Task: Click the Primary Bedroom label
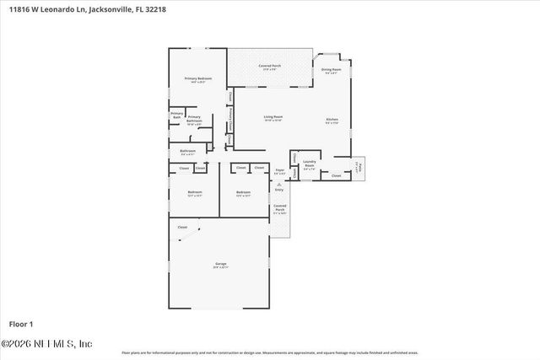pyautogui.click(x=198, y=78)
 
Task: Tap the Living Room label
pyautogui.click(x=273, y=116)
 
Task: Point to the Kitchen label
pyautogui.click(x=332, y=120)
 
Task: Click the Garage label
pyautogui.click(x=220, y=264)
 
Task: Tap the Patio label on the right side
pyautogui.click(x=358, y=165)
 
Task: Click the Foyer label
pyautogui.click(x=279, y=170)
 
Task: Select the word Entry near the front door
pyautogui.click(x=279, y=190)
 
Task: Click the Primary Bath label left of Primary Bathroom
pyautogui.click(x=177, y=115)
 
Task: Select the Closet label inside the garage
pyautogui.click(x=181, y=228)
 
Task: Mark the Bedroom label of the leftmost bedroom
pyautogui.click(x=194, y=192)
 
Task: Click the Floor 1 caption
pyautogui.click(x=20, y=324)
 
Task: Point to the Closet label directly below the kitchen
pyautogui.click(x=336, y=175)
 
